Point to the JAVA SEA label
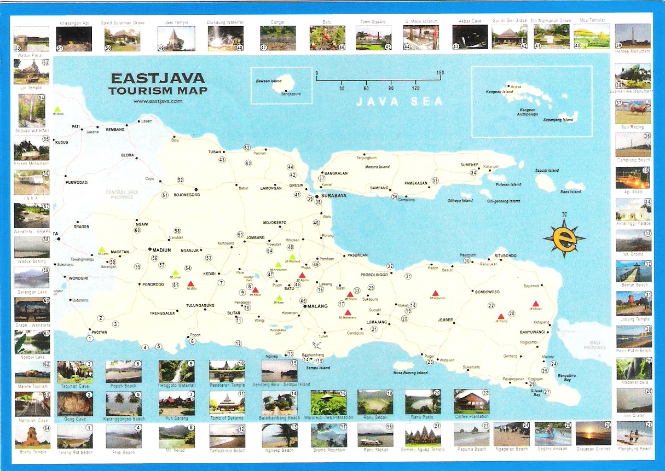click(x=400, y=101)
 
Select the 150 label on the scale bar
click(x=440, y=73)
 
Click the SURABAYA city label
click(x=334, y=195)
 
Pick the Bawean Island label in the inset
click(x=269, y=82)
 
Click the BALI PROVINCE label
click(x=594, y=345)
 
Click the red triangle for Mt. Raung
click(x=500, y=316)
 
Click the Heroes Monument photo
click(x=633, y=36)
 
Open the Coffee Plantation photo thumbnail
click(x=471, y=402)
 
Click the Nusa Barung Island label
click(x=410, y=373)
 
